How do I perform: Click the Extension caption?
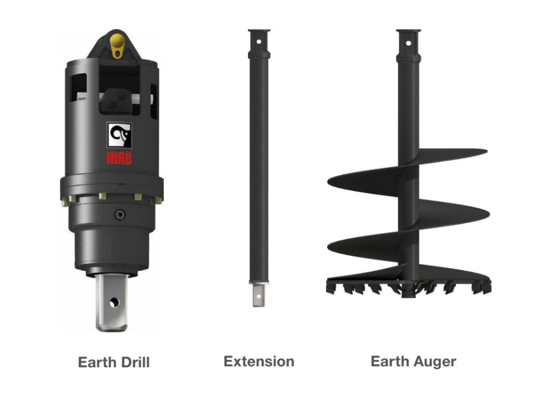pyautogui.click(x=259, y=361)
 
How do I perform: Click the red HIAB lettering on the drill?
pyautogui.click(x=118, y=159)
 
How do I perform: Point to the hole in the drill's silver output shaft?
pyautogui.click(x=113, y=303)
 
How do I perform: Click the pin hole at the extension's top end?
pyautogui.click(x=259, y=41)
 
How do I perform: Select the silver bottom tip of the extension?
pyautogui.click(x=259, y=295)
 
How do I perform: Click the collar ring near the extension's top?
pyautogui.click(x=259, y=54)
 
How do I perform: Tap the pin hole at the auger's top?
pyautogui.click(x=408, y=42)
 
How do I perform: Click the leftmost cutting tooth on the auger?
pyautogui.click(x=331, y=287)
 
